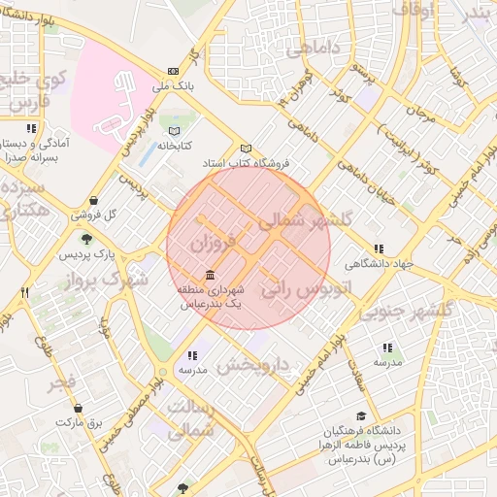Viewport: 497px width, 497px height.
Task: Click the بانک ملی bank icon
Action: (x=174, y=71)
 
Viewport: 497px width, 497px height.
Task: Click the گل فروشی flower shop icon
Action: (x=92, y=201)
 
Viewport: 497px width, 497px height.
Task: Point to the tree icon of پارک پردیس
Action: (x=87, y=239)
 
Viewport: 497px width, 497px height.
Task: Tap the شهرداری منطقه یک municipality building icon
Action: (x=211, y=276)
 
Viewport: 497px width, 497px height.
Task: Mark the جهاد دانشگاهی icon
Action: (x=378, y=248)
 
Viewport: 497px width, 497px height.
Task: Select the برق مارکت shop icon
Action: (x=91, y=409)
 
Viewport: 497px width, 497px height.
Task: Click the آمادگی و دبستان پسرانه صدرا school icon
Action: (x=32, y=128)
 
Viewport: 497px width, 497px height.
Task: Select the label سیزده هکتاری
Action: (x=24, y=197)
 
